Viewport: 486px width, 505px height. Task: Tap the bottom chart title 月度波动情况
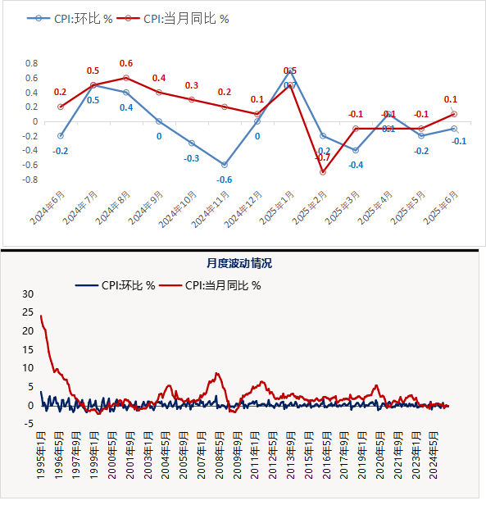pos(238,263)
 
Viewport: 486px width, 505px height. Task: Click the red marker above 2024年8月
pos(126,78)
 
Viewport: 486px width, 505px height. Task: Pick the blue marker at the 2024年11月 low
pos(225,165)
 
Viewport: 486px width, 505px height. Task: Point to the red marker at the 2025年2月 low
pos(323,172)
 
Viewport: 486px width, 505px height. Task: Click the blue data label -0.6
pos(225,180)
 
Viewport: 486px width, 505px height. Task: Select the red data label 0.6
pos(126,64)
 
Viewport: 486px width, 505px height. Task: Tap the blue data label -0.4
pos(356,165)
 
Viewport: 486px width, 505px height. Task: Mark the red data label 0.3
pos(192,85)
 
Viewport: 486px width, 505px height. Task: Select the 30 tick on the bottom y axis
pos(30,293)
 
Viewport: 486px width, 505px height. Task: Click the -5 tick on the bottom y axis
pos(31,424)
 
